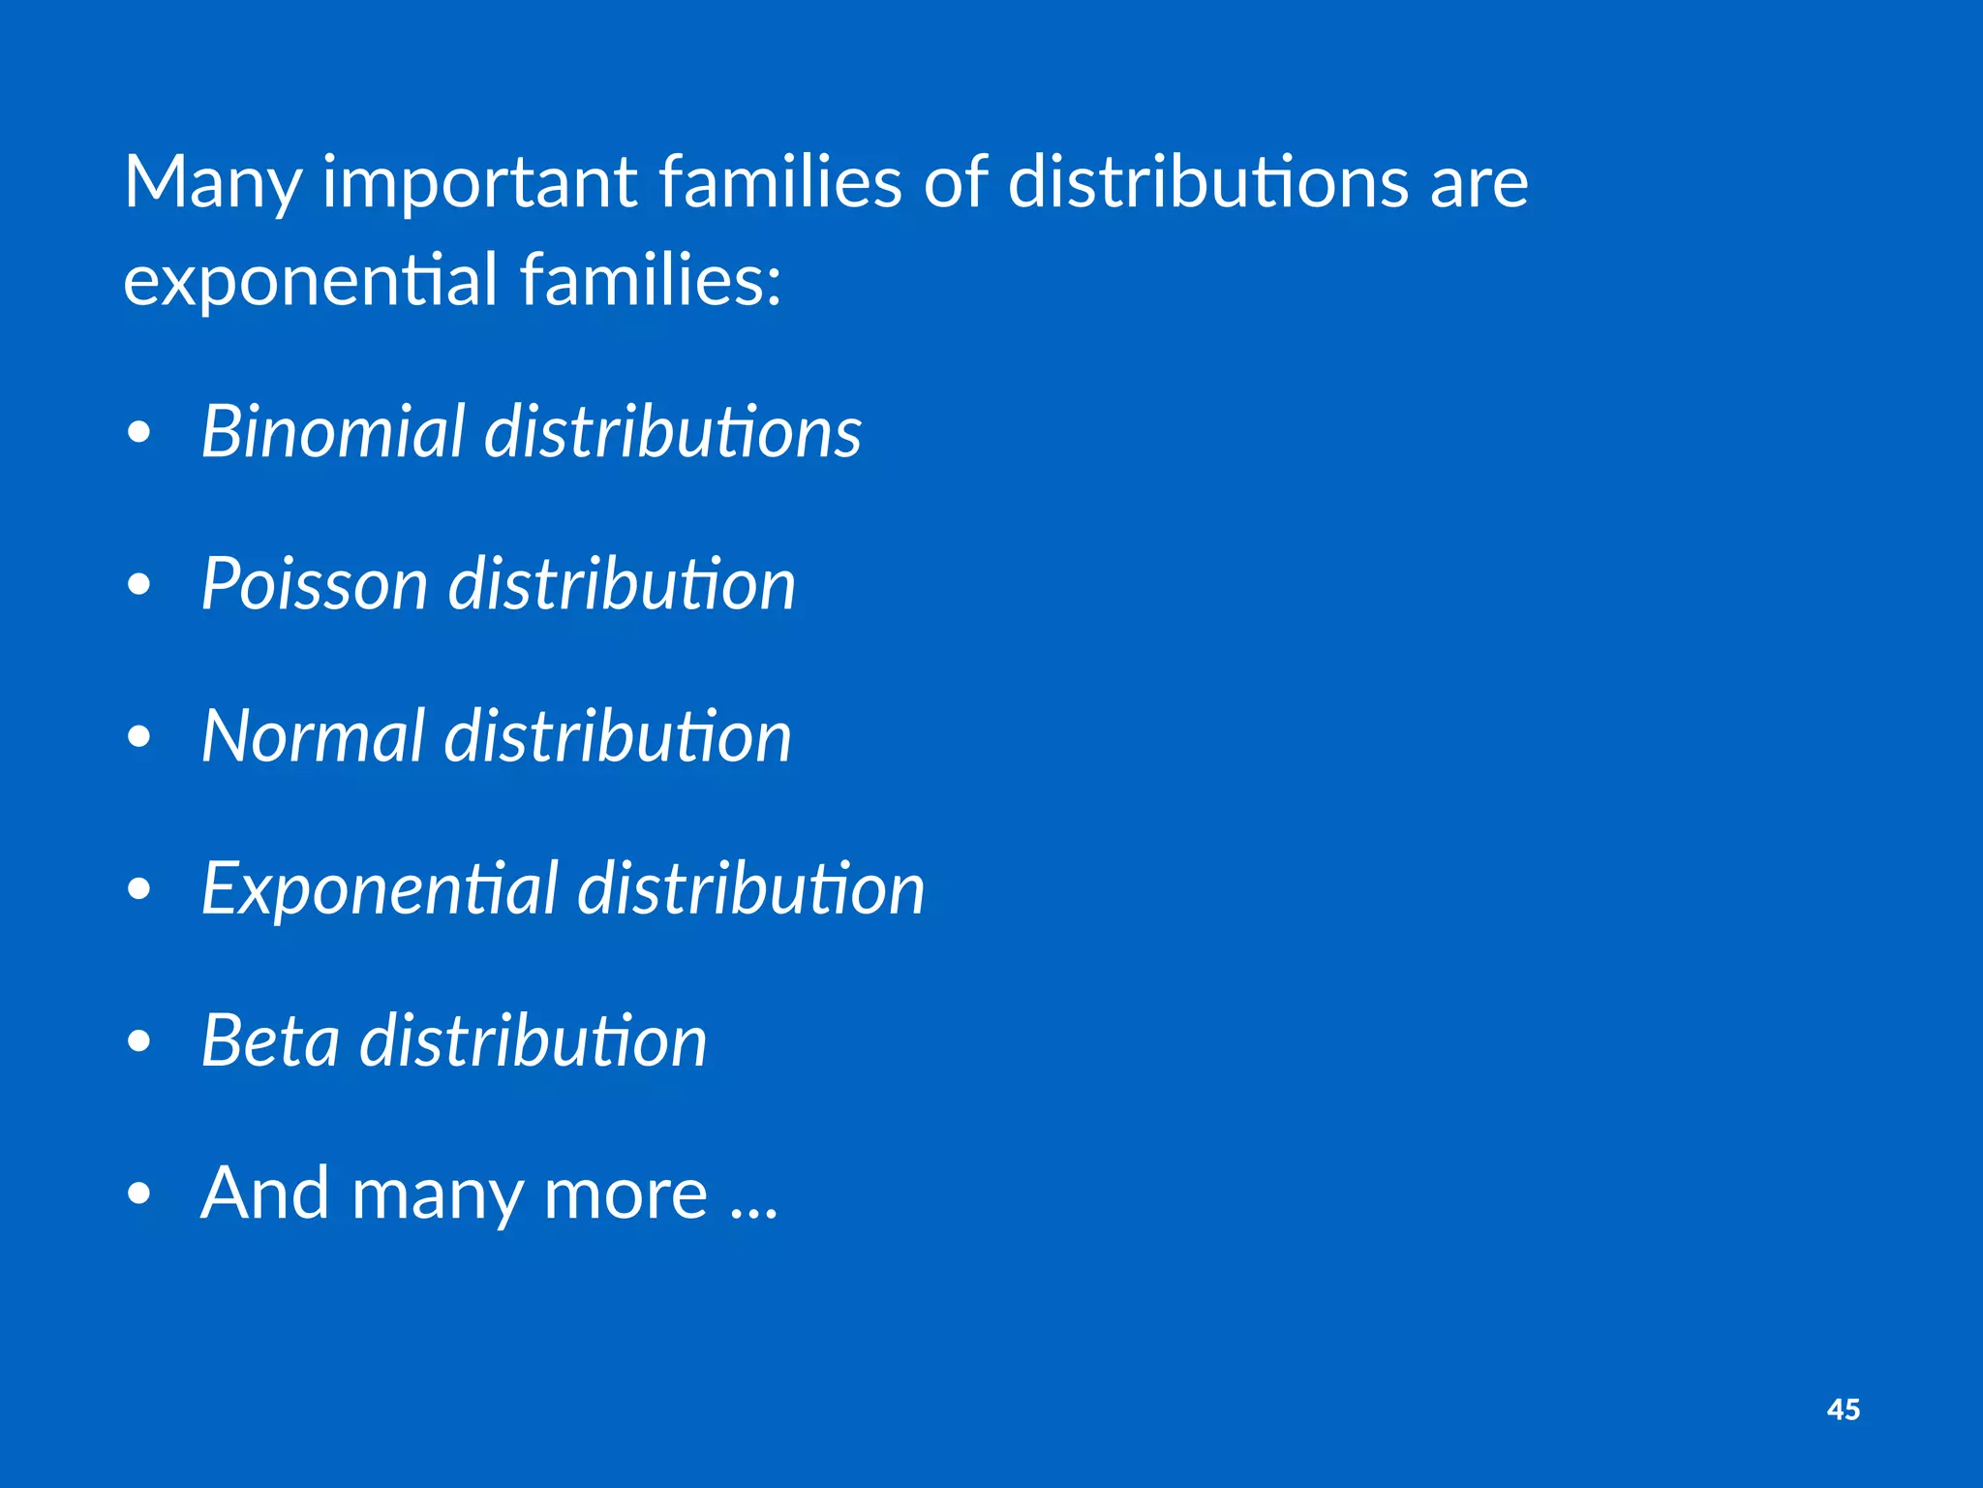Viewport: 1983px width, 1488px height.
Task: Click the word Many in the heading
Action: tap(212, 184)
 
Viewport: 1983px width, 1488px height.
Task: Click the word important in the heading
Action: tap(479, 184)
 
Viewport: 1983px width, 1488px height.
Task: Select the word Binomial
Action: tap(333, 431)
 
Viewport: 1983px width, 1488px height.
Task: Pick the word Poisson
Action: tap(314, 584)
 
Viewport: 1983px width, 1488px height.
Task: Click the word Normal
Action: tap(313, 736)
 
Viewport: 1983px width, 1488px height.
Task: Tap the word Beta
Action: tap(270, 1041)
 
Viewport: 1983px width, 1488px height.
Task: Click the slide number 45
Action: tap(1843, 1410)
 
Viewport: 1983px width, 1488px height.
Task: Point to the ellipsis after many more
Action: tap(754, 1211)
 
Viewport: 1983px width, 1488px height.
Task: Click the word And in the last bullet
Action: tap(264, 1193)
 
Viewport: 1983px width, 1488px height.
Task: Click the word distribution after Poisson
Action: tap(622, 584)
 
